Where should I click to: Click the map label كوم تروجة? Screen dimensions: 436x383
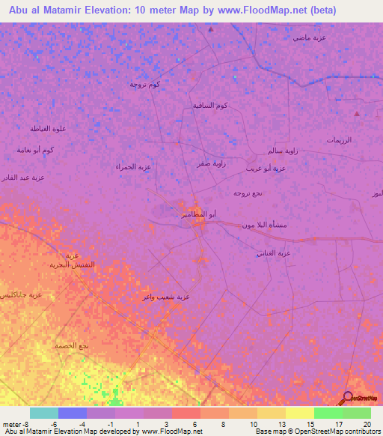click(x=144, y=84)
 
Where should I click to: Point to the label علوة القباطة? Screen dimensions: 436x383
click(x=49, y=128)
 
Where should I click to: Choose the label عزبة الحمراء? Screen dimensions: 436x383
click(x=134, y=166)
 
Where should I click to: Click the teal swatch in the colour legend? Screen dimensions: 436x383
click(x=44, y=413)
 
